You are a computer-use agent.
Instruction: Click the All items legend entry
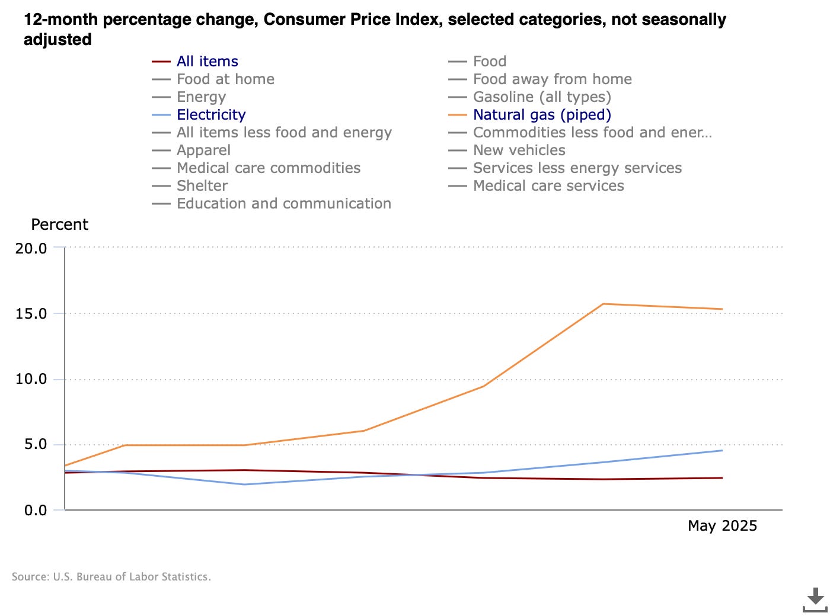[x=207, y=62]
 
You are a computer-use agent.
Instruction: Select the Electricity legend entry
[x=210, y=115]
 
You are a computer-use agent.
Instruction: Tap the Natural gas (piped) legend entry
[x=541, y=115]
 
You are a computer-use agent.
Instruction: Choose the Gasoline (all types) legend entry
[x=541, y=97]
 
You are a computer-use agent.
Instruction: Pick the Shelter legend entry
[x=202, y=186]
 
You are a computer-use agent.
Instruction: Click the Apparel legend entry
[x=203, y=150]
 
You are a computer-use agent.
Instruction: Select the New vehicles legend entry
[x=519, y=150]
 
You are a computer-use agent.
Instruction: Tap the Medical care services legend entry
[x=548, y=186]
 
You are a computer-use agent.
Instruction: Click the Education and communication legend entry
[x=283, y=204]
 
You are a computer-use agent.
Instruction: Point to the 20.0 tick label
[x=31, y=249]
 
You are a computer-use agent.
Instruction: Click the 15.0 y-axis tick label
[x=31, y=314]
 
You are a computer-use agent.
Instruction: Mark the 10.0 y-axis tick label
[x=31, y=379]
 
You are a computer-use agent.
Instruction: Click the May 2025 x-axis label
[x=722, y=526]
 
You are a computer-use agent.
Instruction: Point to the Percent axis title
[x=59, y=225]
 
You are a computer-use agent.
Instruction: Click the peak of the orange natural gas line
[x=603, y=304]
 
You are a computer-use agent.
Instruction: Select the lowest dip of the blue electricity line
[x=245, y=485]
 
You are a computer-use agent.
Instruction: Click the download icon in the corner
[x=815, y=599]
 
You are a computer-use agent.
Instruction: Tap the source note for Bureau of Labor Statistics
[x=111, y=577]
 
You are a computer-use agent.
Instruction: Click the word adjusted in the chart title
[x=58, y=40]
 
